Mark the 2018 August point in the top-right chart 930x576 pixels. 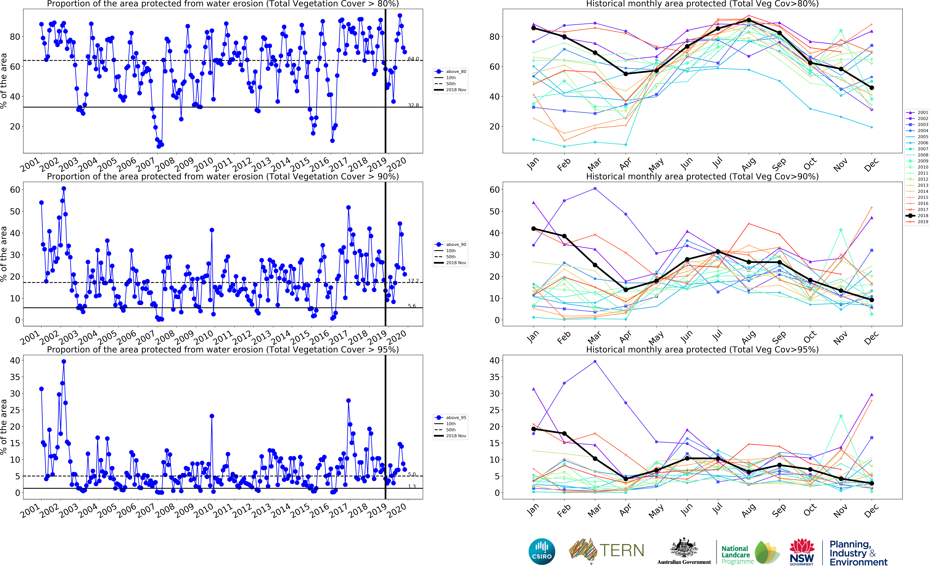[749, 20]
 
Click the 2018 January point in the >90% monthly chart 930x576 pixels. [533, 229]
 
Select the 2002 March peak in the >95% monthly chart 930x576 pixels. [595, 362]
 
